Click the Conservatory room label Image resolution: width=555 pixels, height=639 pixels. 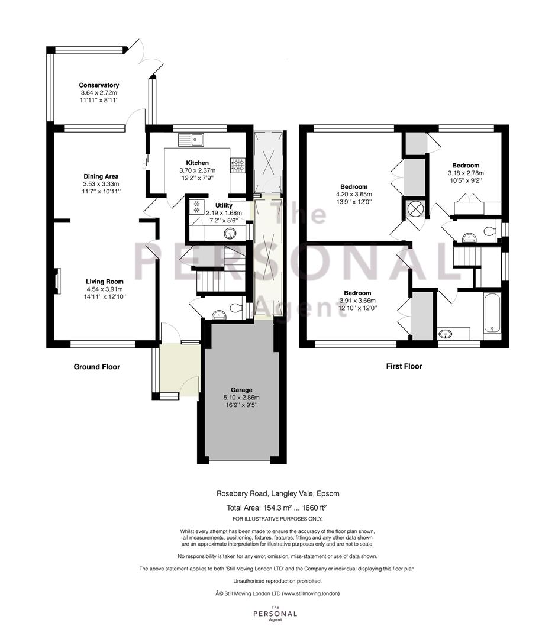pos(99,85)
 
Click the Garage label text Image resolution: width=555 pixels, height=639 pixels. pos(241,390)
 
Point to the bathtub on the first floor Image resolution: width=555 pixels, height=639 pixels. pos(492,313)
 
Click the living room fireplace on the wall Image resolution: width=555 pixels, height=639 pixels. pos(58,281)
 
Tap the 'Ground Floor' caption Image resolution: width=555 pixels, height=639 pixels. pos(97,367)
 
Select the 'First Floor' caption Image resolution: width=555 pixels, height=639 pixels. pos(404,366)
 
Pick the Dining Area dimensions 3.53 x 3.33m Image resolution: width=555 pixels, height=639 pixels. pos(101,184)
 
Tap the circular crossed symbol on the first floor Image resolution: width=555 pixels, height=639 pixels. pos(415,209)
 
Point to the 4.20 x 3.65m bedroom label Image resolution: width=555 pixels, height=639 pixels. pos(354,195)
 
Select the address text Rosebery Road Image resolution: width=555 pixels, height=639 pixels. pos(242,493)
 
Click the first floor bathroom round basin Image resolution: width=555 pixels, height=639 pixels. pos(446,334)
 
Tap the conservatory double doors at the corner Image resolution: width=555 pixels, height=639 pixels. pos(146,57)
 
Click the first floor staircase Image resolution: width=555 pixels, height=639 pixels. pos(467,256)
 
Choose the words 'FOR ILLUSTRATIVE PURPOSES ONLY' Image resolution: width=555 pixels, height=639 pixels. pos(277,519)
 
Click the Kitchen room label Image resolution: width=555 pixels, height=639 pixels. pos(197,163)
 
